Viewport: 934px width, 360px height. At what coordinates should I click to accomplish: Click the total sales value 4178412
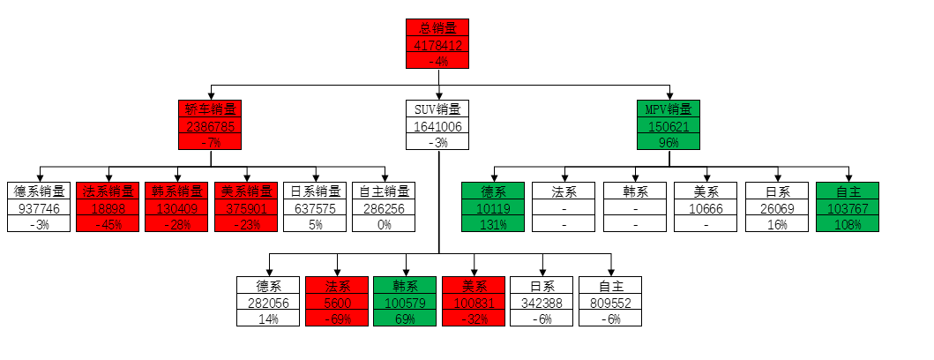[x=437, y=44]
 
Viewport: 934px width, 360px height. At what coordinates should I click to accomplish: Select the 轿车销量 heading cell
[x=210, y=109]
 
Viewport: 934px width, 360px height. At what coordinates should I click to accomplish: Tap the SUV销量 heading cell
[x=437, y=109]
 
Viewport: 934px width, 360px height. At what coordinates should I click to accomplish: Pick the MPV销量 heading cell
[x=668, y=109]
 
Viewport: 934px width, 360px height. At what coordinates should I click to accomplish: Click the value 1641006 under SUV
[x=437, y=126]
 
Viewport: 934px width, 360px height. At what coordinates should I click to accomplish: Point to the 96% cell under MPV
[x=668, y=142]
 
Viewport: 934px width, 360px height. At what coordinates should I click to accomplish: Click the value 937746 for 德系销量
[x=38, y=208]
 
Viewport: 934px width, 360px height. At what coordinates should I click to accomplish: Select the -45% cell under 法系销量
[x=109, y=224]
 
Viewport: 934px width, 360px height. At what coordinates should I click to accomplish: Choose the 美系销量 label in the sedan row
[x=246, y=191]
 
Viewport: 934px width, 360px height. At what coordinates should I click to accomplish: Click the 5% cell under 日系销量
[x=314, y=224]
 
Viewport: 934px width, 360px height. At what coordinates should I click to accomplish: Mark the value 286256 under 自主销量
[x=384, y=208]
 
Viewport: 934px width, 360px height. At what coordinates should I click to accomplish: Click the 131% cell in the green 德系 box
[x=493, y=224]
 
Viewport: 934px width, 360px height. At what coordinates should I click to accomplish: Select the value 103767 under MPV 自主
[x=848, y=208]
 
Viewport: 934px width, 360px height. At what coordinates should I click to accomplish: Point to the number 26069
[x=777, y=208]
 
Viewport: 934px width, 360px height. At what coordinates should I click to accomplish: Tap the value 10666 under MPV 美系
[x=706, y=208]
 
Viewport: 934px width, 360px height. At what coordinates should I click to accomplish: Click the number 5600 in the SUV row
[x=336, y=303]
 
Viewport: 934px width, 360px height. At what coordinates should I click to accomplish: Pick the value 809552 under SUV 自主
[x=610, y=303]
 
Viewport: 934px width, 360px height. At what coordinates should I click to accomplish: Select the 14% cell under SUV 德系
[x=267, y=319]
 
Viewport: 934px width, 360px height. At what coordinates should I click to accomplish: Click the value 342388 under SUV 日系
[x=542, y=303]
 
